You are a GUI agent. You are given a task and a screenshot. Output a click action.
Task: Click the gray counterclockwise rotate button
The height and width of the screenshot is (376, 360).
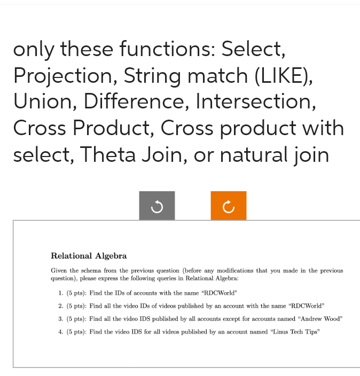156,206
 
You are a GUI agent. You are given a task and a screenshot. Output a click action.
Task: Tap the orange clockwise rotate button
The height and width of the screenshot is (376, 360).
228,206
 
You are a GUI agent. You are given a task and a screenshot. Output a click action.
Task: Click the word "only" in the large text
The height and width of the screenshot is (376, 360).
33,50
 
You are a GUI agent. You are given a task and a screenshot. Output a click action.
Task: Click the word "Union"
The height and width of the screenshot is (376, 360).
44,101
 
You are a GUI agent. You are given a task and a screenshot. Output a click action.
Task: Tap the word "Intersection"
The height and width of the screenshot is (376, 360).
255,101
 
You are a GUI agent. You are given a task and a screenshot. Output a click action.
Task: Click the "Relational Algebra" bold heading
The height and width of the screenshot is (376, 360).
89,256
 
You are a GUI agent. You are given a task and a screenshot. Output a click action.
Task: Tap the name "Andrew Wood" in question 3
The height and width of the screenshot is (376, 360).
319,319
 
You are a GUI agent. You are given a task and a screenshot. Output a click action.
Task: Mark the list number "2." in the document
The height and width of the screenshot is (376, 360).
61,306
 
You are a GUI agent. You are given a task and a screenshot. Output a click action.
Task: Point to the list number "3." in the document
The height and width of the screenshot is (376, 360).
61,319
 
